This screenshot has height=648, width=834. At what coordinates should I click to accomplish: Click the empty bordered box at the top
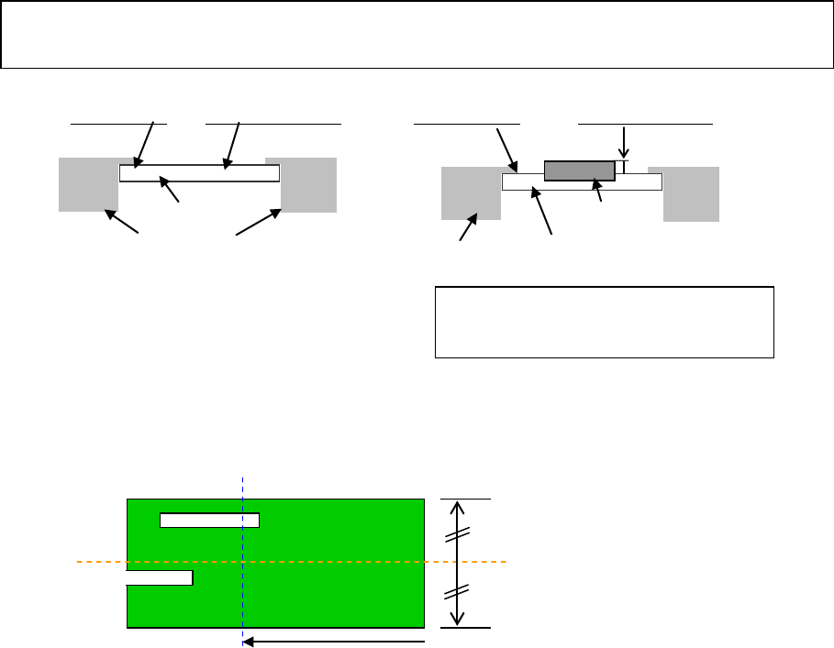[417, 35]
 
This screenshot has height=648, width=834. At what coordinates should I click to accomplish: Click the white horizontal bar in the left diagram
[199, 173]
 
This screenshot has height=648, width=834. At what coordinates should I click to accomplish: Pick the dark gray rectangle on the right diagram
[579, 170]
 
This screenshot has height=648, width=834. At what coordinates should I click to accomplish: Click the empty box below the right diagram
[604, 322]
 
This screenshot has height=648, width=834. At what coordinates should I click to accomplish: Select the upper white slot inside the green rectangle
[209, 521]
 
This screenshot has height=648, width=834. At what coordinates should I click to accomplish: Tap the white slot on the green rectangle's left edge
[159, 577]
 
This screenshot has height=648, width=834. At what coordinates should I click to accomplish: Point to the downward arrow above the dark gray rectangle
[625, 142]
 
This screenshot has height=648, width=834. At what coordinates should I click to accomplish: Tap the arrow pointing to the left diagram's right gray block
[258, 223]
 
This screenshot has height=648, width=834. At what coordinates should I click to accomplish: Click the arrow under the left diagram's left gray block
[121, 222]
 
